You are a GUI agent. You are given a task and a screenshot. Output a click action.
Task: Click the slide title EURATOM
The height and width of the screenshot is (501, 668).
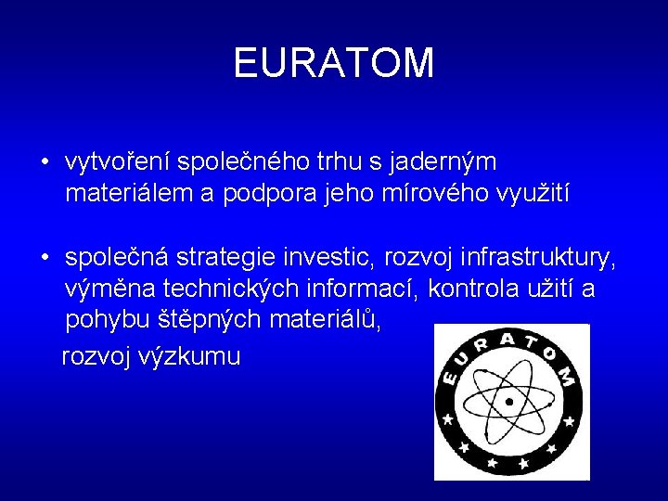tap(333, 63)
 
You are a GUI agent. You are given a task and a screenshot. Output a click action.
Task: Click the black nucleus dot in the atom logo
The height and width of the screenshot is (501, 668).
tap(508, 401)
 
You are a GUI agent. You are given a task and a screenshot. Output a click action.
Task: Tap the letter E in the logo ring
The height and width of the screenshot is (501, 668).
tap(452, 379)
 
